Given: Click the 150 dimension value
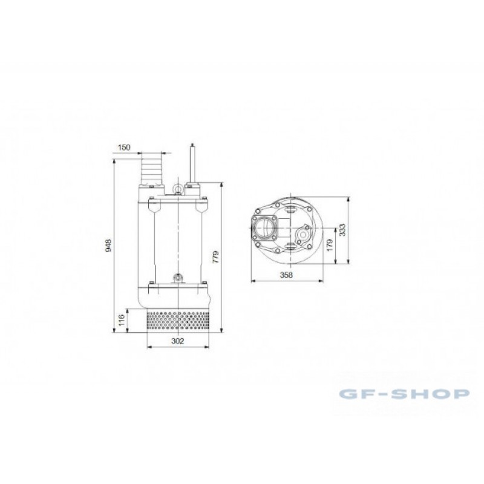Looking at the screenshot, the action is point(124,147).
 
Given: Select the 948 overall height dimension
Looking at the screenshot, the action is point(108,246).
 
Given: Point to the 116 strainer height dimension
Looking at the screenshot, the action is point(122,320).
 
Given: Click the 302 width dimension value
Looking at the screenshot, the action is point(177,341).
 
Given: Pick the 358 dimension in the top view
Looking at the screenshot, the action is point(286,275).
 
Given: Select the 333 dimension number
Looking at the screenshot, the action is point(342,230).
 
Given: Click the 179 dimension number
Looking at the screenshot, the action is point(330,245).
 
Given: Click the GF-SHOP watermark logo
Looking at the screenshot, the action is point(404,394).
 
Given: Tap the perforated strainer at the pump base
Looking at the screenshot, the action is point(178,321).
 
